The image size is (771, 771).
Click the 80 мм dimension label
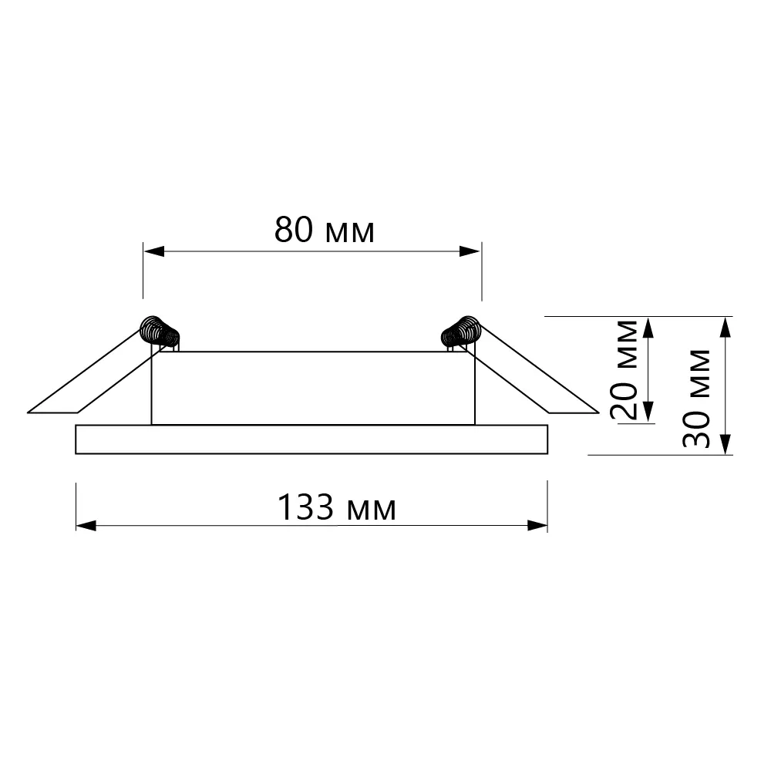[325, 230]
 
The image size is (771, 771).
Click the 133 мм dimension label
[336, 507]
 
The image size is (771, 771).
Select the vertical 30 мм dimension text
[698, 398]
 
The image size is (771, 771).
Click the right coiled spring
[461, 332]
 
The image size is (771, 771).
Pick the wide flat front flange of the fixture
[311, 439]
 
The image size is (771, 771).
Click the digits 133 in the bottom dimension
[305, 507]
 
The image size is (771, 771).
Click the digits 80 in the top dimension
[294, 230]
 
